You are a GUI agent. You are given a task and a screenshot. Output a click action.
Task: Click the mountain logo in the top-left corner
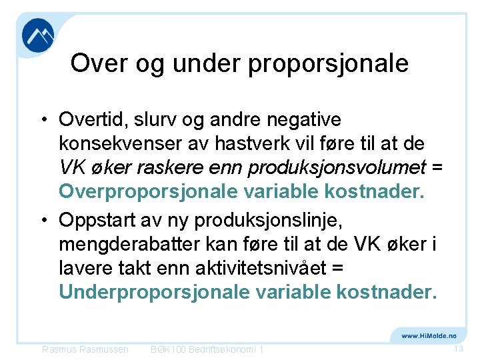coord(38,35)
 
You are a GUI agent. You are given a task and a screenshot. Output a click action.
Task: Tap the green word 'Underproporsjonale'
coord(153,291)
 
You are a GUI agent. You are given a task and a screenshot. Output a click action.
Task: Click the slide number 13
coord(458,349)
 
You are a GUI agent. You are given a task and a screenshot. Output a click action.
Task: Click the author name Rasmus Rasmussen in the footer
coord(85,349)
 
